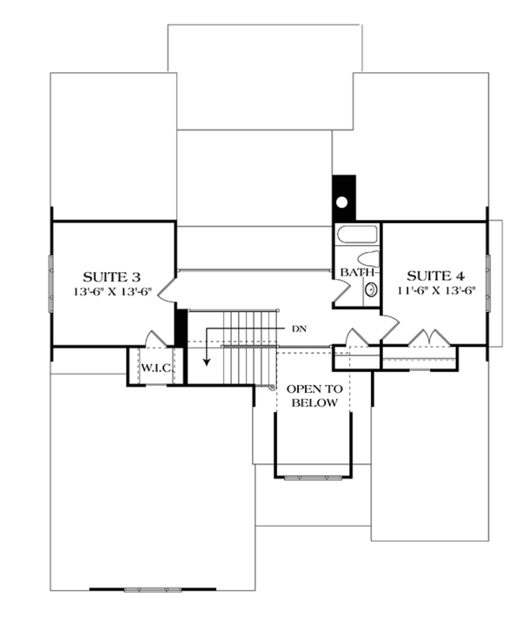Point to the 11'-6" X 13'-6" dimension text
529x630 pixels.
pyautogui.click(x=436, y=291)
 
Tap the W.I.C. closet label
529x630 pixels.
pyautogui.click(x=156, y=366)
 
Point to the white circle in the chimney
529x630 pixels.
pyautogui.click(x=342, y=202)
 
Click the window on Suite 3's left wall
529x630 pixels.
pyautogui.click(x=50, y=282)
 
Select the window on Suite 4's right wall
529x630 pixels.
pyautogui.click(x=486, y=282)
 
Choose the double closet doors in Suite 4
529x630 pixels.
pyautogui.click(x=428, y=338)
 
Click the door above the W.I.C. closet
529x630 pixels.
pyautogui.click(x=155, y=339)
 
